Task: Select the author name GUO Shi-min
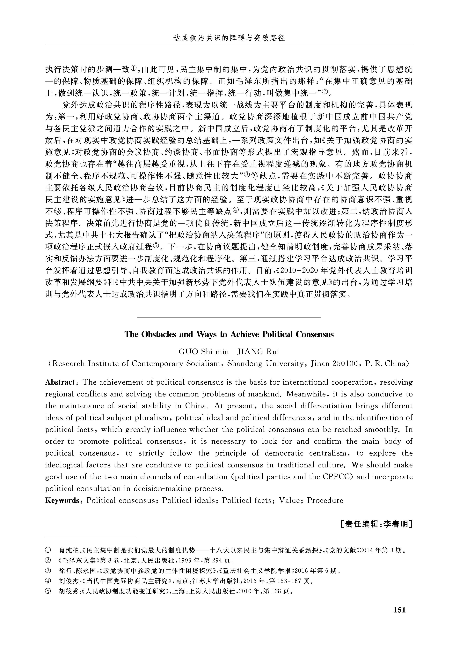[204, 352]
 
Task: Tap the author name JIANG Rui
[258, 352]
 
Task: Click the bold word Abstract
[60, 382]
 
